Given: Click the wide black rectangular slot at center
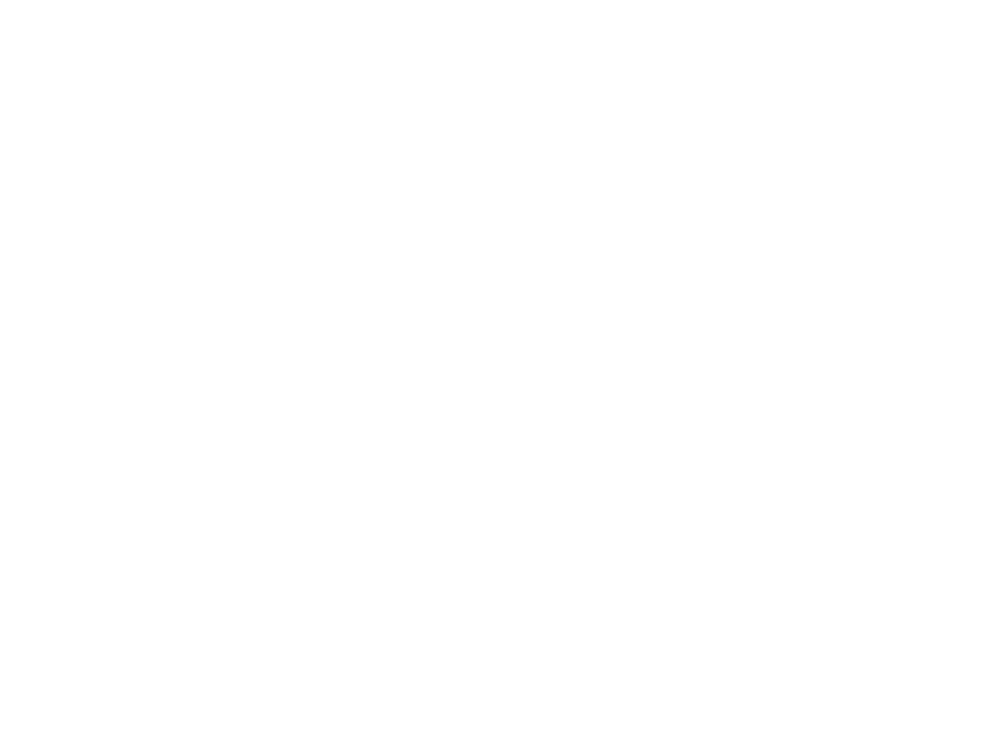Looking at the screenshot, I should click(494, 274).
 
